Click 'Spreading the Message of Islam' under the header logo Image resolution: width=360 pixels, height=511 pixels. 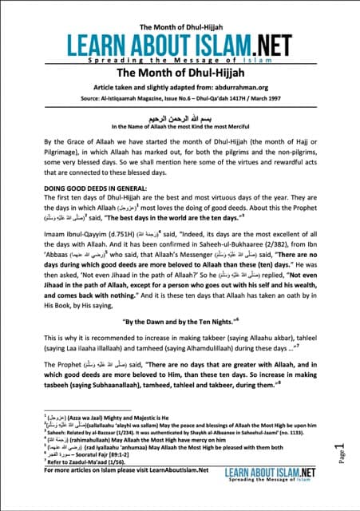pos(180,59)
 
